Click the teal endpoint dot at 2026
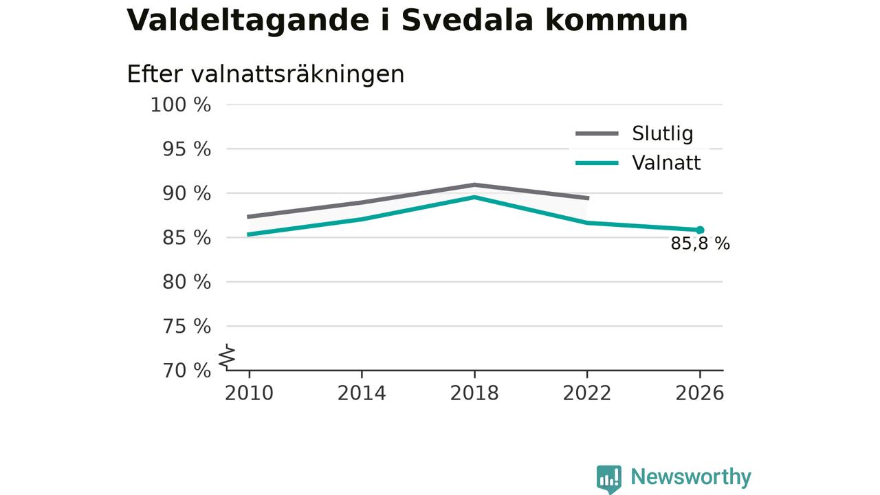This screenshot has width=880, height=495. click(700, 230)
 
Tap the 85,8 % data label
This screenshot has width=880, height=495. click(700, 244)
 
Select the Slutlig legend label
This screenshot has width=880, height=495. click(662, 133)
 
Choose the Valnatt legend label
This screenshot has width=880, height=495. click(666, 163)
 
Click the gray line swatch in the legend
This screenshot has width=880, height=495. click(597, 133)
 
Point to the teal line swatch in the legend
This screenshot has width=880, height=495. click(597, 163)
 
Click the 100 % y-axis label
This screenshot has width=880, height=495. click(181, 105)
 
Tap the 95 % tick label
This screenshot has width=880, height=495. click(186, 149)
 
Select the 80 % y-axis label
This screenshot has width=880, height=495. click(186, 282)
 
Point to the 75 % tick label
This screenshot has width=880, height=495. click(186, 327)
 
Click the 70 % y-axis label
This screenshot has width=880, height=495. click(186, 371)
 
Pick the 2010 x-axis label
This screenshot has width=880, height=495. click(249, 393)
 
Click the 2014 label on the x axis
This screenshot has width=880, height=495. click(362, 393)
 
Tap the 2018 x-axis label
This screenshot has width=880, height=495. click(474, 393)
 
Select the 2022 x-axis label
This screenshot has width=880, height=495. click(587, 393)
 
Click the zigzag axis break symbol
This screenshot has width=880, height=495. click(227, 357)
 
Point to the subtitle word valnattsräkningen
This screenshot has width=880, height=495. click(298, 74)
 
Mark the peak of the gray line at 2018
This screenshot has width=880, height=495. click(474, 185)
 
